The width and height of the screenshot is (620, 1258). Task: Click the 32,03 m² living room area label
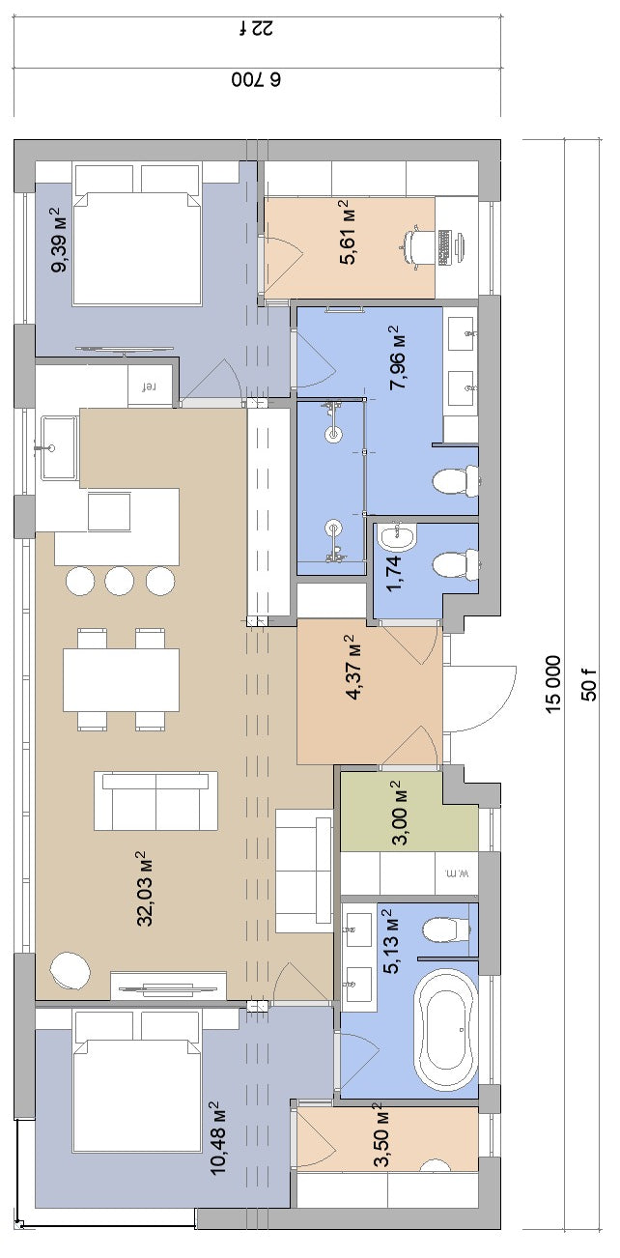tap(145, 889)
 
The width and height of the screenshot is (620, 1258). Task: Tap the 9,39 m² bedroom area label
tap(60, 240)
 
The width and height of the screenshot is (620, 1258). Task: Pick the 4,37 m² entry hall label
tap(355, 668)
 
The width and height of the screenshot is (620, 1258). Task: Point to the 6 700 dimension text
tap(257, 80)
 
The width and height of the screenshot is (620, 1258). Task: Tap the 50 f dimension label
tap(590, 685)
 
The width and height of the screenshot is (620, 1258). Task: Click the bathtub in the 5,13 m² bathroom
tap(445, 1031)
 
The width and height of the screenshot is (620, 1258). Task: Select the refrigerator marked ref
tap(150, 386)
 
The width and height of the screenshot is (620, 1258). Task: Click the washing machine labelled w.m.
tap(457, 873)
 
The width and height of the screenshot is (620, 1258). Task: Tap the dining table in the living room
tap(121, 680)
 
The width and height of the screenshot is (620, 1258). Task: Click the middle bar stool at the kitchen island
tap(120, 580)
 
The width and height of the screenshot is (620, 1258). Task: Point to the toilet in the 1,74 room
tap(456, 565)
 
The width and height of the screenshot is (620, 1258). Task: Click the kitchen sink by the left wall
tap(58, 447)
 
